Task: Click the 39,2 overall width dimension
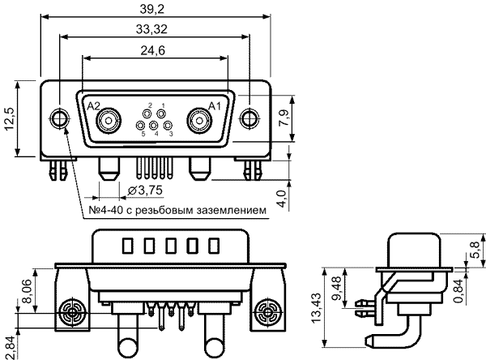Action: click(x=152, y=9)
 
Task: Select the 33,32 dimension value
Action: click(x=151, y=29)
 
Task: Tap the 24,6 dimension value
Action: click(x=153, y=50)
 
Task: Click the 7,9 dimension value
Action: click(x=285, y=118)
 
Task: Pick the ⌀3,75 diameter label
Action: click(x=145, y=191)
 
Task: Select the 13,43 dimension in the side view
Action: click(x=317, y=308)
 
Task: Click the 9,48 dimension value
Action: click(x=336, y=289)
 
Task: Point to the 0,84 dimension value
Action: click(x=458, y=291)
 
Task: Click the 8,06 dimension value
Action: click(x=26, y=291)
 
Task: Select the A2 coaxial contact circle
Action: click(x=109, y=121)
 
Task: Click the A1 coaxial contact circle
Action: click(x=200, y=121)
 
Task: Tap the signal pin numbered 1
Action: click(x=161, y=114)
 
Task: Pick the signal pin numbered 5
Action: click(x=141, y=126)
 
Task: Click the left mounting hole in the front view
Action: click(x=59, y=118)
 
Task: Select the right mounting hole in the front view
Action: click(x=249, y=118)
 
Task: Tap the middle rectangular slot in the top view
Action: click(x=171, y=246)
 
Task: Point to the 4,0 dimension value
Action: click(x=282, y=199)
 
